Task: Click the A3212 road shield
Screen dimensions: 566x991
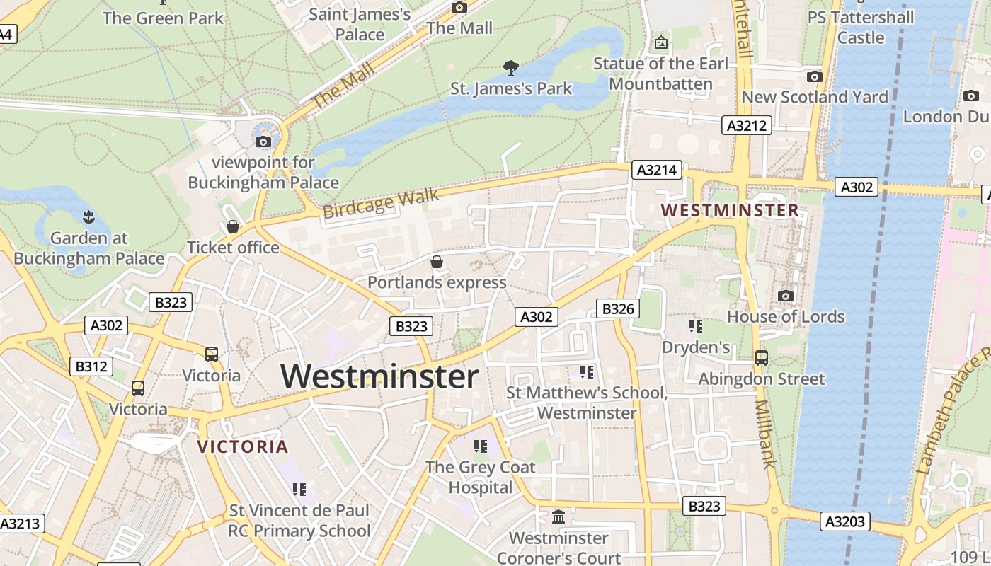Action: coord(747,126)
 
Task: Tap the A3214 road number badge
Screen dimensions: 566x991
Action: coord(657,170)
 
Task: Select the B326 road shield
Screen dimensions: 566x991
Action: coord(617,308)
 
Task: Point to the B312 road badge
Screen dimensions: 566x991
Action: coord(91,366)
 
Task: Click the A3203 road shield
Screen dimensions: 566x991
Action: coord(845,521)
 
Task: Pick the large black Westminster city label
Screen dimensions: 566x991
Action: coord(380,376)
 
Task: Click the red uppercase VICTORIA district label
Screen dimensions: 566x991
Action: coord(243,446)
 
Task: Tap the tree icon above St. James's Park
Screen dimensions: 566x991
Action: coord(510,68)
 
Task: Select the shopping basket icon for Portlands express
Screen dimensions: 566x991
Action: coord(437,262)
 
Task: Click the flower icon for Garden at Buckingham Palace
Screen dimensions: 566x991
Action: coord(88,216)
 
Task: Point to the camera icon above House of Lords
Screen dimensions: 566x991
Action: coord(785,296)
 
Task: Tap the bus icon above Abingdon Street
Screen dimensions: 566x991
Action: coord(762,357)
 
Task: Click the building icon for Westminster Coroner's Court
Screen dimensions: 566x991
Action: coord(558,517)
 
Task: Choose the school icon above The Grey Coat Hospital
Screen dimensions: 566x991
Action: coord(481,446)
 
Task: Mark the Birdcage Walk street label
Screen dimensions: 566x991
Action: coord(380,203)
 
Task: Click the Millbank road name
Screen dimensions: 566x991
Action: coord(766,434)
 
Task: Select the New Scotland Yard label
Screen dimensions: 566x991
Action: coord(814,97)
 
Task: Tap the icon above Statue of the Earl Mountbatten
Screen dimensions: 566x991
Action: coord(660,42)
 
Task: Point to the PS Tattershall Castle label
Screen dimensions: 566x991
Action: coord(861,27)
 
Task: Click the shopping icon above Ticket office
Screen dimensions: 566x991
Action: coord(232,226)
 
